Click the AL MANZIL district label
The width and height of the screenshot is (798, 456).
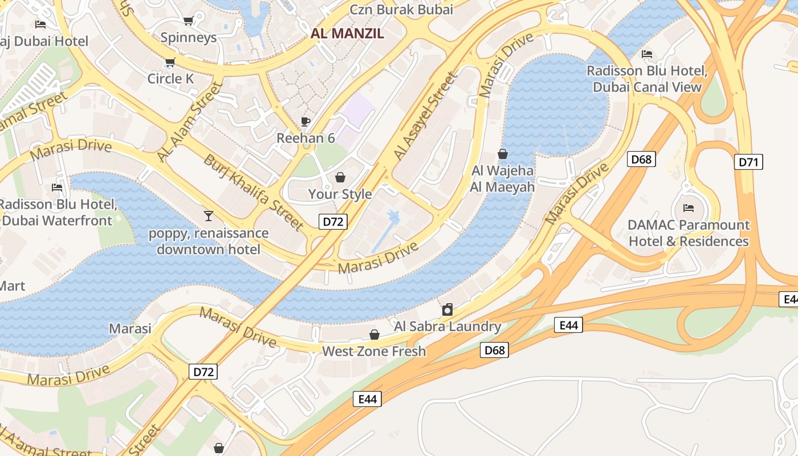point(347,33)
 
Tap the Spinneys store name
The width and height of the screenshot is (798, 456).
point(189,38)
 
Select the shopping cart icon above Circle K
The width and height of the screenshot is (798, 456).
point(170,62)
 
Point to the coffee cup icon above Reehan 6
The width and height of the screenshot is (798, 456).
point(306,121)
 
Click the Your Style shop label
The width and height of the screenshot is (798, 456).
point(340,194)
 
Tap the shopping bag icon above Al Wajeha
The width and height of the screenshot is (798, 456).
point(503,154)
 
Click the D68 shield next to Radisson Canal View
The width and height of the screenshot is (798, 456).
point(641,159)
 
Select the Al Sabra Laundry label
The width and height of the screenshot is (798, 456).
point(447,327)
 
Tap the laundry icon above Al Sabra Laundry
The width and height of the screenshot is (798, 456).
point(447,310)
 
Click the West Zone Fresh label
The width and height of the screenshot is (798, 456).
point(374,351)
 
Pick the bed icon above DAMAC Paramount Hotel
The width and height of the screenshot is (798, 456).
point(689,207)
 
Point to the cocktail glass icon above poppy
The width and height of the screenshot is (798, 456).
point(209,215)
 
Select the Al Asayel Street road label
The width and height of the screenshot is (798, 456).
point(426,116)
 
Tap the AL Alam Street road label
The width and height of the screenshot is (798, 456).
point(189,121)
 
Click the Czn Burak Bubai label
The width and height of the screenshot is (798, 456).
point(401,9)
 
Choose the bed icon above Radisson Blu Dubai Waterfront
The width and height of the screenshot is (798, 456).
point(57,187)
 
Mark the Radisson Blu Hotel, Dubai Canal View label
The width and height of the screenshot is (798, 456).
point(647,79)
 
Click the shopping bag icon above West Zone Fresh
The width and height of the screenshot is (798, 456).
point(374,334)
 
